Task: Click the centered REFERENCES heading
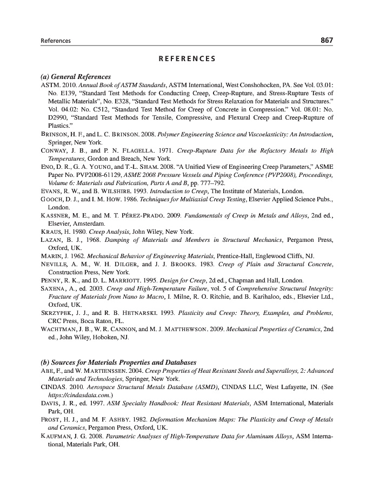[186, 59]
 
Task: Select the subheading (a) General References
[76, 77]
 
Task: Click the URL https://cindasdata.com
[75, 394]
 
